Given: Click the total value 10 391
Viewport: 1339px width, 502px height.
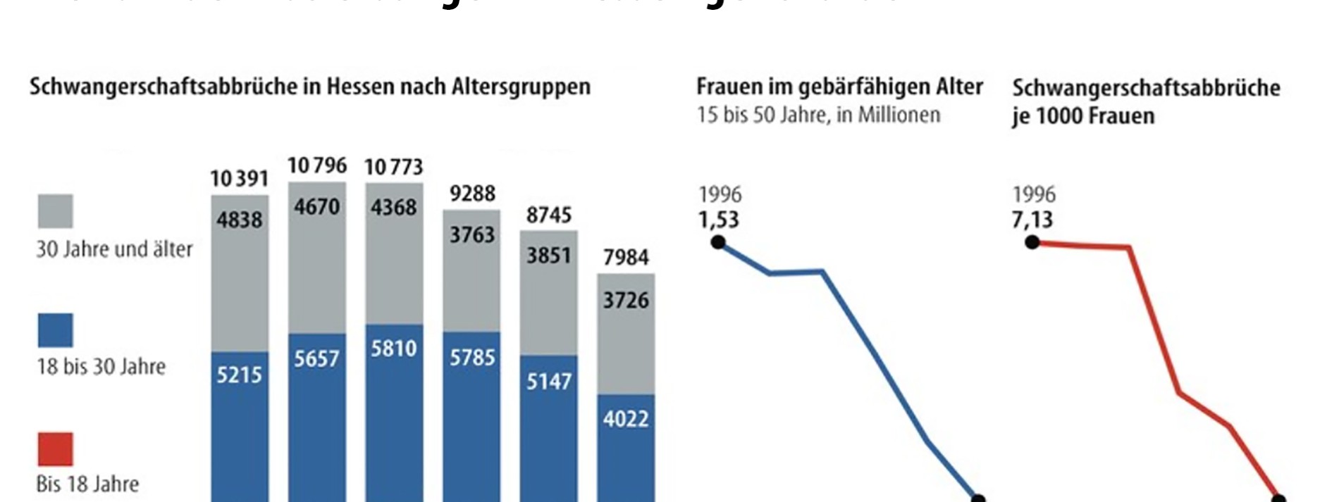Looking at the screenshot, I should (239, 179).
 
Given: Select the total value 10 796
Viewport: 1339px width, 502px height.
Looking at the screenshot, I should (317, 166).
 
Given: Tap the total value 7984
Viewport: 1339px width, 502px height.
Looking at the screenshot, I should (626, 258).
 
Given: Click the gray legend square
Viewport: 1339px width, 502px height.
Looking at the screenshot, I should (55, 211).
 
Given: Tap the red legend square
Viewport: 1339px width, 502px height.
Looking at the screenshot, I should (55, 449).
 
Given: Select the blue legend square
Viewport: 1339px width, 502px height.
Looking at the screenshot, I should (55, 330).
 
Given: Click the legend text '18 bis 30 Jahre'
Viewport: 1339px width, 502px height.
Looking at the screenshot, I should (101, 367).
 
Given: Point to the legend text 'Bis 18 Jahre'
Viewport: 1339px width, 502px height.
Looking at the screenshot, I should (87, 484).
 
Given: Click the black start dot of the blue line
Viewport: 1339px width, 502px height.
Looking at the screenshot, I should (718, 243).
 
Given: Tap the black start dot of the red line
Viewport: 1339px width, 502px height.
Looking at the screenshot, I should (1032, 243).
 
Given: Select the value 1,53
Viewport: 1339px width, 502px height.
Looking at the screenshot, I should (719, 220).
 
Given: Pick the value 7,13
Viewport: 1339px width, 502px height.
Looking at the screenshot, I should (1032, 220).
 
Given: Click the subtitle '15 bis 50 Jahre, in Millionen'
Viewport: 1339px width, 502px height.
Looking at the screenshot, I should (818, 115).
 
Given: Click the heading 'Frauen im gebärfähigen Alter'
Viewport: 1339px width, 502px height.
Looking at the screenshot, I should (839, 87).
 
